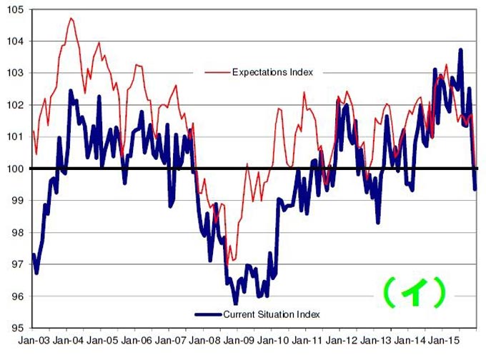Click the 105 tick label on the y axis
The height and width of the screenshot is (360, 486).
click(x=16, y=9)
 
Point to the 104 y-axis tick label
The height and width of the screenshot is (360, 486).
click(x=16, y=41)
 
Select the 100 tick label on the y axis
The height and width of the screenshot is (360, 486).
click(x=16, y=169)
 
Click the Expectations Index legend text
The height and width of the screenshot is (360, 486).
click(x=272, y=72)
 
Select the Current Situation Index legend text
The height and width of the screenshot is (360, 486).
click(x=272, y=314)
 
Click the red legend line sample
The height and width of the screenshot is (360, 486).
click(x=217, y=72)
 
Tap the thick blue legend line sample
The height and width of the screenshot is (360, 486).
click(x=208, y=314)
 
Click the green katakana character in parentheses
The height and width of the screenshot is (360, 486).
click(x=414, y=291)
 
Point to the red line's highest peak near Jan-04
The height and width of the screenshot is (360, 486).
click(x=71, y=18)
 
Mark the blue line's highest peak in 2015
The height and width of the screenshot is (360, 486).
click(x=460, y=50)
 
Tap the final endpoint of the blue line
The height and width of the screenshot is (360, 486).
click(x=476, y=189)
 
